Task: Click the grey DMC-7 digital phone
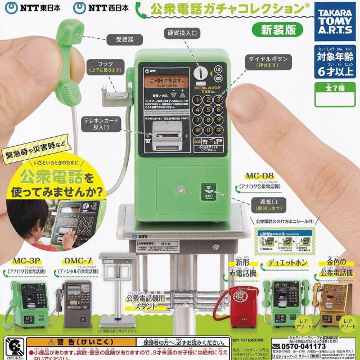point(76,304)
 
